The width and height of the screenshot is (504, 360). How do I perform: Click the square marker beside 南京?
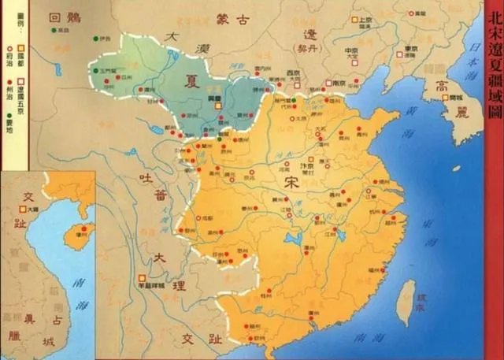(x=324, y=82)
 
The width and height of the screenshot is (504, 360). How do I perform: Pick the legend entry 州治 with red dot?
(x=9, y=78)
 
